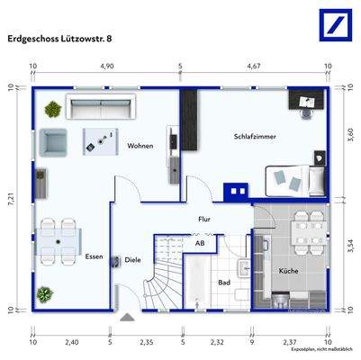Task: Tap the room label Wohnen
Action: point(140,146)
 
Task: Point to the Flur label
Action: point(205,219)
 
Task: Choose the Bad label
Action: point(224,282)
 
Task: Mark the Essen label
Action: point(95,257)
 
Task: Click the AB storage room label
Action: point(199,243)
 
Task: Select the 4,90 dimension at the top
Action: point(106,67)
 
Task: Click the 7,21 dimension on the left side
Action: point(13,200)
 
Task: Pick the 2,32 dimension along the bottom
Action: point(217,342)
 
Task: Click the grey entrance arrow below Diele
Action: point(126,317)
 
